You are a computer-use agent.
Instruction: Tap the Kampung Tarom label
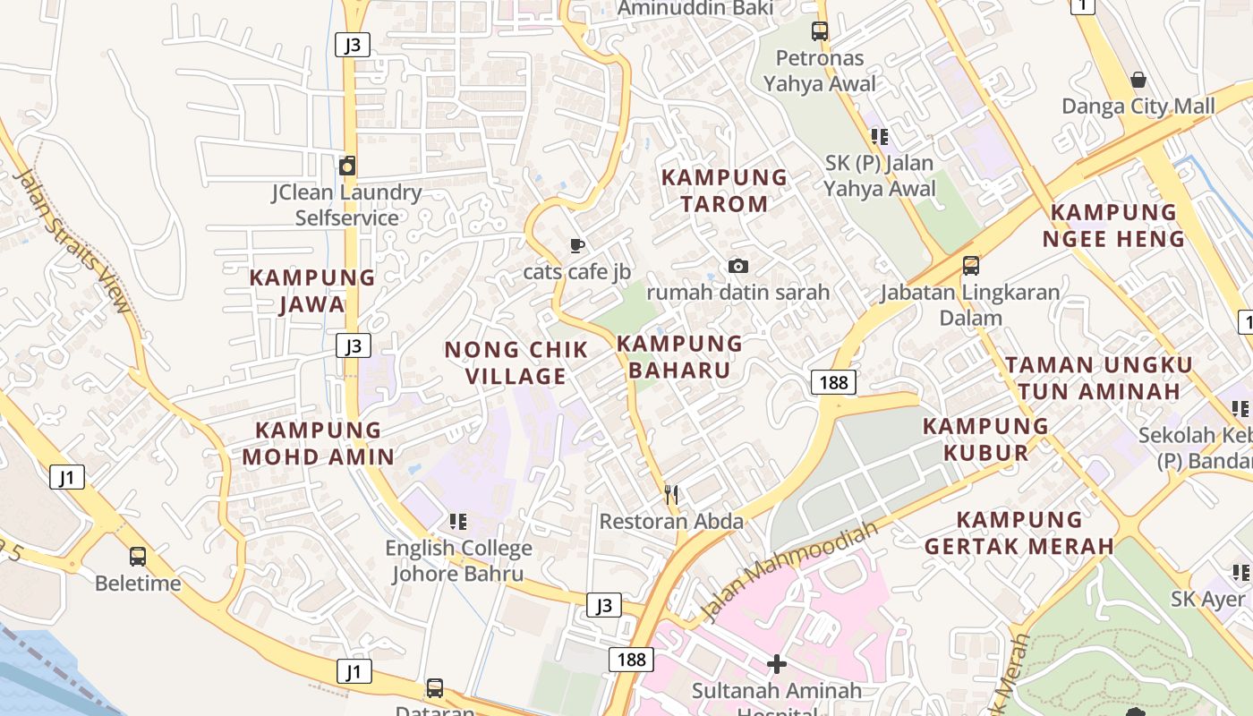point(724,190)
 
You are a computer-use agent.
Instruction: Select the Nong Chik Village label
point(516,362)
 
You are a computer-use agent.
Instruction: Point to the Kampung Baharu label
point(679,356)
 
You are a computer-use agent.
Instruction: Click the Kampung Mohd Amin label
point(318,443)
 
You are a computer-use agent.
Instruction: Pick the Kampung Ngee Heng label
point(1113,226)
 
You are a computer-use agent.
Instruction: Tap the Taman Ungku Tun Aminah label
point(1098,378)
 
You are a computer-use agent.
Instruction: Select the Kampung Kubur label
point(985,439)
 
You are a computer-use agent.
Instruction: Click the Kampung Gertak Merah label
point(1019,533)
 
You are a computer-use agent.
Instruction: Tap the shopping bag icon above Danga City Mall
point(1138,81)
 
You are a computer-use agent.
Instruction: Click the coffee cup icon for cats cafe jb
point(577,245)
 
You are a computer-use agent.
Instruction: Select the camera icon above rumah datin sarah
point(737,266)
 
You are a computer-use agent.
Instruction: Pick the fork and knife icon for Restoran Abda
point(671,494)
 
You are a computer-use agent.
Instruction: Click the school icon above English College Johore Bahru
point(458,521)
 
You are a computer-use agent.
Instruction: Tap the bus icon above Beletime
point(138,557)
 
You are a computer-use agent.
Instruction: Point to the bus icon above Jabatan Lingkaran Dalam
point(970,266)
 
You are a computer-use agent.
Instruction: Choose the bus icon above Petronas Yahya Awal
point(819,31)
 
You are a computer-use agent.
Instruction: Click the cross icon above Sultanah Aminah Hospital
point(776,664)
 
